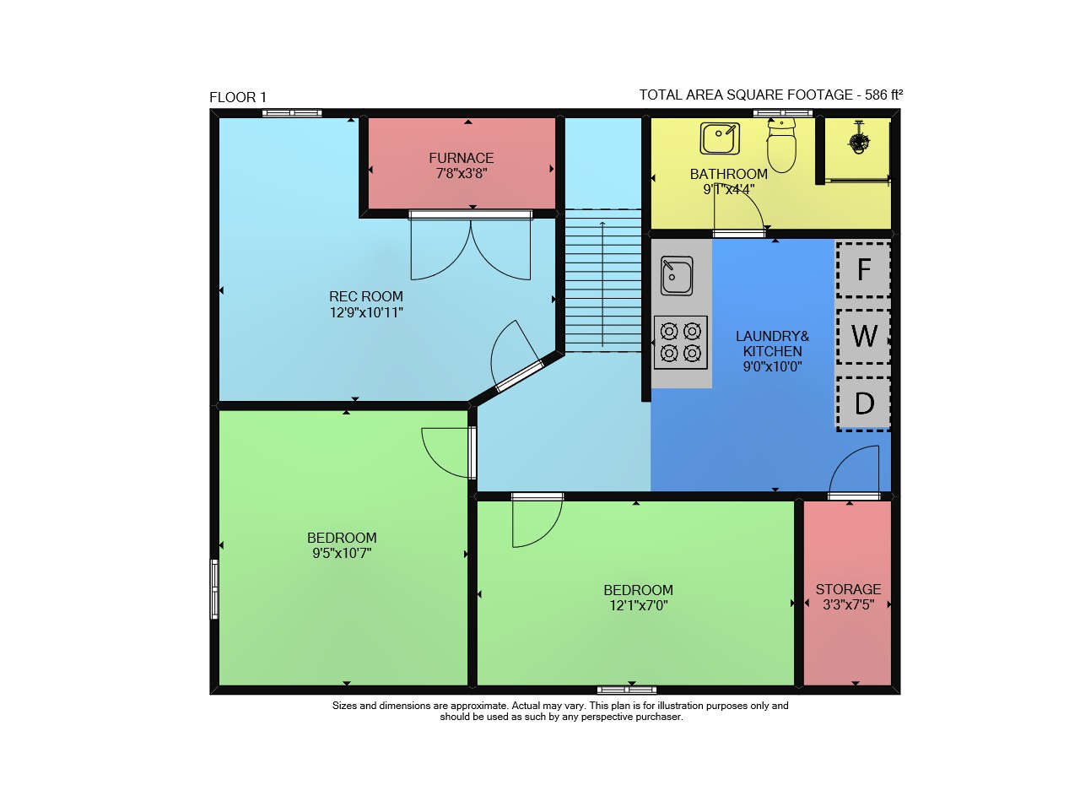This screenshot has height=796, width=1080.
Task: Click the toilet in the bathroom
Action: [781, 145]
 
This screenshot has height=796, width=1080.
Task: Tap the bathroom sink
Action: [720, 138]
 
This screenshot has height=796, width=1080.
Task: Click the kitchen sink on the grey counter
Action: [677, 275]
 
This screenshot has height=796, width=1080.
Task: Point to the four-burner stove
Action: [680, 343]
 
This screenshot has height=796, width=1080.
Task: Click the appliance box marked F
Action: [863, 270]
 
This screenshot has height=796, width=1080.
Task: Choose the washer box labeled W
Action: [863, 337]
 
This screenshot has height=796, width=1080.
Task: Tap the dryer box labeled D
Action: [863, 403]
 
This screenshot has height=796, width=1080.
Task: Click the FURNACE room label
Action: [462, 158]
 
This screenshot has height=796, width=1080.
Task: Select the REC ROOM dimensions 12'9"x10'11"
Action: [366, 312]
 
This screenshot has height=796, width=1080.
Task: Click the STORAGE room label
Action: [848, 589]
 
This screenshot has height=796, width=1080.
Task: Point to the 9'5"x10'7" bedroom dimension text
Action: [342, 553]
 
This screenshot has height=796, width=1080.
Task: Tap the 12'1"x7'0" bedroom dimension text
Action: [639, 605]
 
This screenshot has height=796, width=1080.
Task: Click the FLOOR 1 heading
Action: [238, 97]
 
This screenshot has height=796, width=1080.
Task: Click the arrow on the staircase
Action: [602, 284]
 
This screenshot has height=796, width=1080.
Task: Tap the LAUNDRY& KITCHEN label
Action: [772, 344]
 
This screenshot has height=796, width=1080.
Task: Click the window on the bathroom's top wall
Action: [783, 113]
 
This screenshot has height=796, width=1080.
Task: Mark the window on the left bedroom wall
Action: [214, 588]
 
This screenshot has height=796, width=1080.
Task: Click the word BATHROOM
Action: [728, 174]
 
